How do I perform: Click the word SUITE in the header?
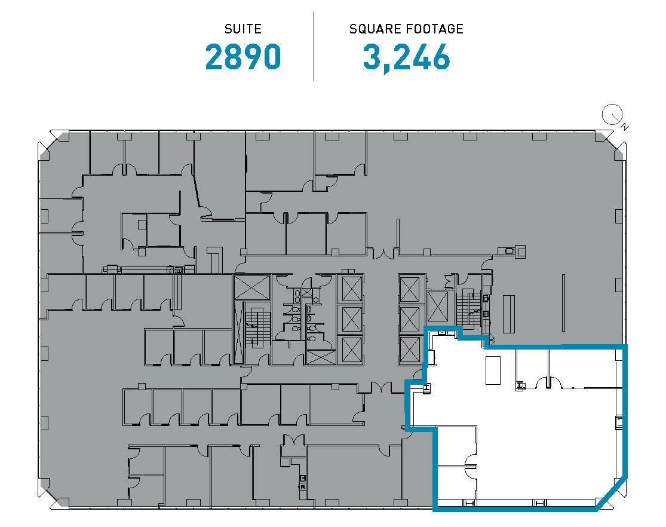click(x=243, y=29)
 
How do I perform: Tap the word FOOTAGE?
click(x=432, y=29)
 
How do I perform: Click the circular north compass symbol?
click(x=612, y=114)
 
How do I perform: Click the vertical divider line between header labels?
click(x=314, y=46)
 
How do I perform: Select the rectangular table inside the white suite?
click(x=493, y=370)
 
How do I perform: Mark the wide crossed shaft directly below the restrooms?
click(x=321, y=357)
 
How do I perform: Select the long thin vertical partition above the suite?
click(x=563, y=304)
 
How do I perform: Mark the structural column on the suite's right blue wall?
click(x=619, y=423)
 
